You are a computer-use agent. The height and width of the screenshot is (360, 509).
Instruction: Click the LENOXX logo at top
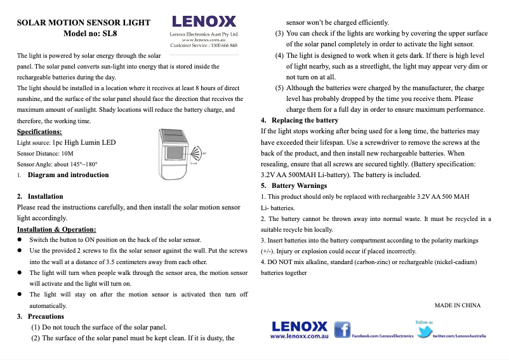[204, 22]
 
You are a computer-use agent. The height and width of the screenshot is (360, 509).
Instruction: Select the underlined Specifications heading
[39, 131]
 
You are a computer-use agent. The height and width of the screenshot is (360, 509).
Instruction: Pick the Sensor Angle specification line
[56, 164]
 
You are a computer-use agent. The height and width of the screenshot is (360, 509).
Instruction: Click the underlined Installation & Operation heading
[56, 229]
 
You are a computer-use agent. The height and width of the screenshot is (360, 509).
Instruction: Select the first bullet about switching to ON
[115, 240]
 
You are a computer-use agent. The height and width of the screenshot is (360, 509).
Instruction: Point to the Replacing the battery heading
[305, 120]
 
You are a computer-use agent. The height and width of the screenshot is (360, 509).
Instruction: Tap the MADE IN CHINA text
[457, 305]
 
